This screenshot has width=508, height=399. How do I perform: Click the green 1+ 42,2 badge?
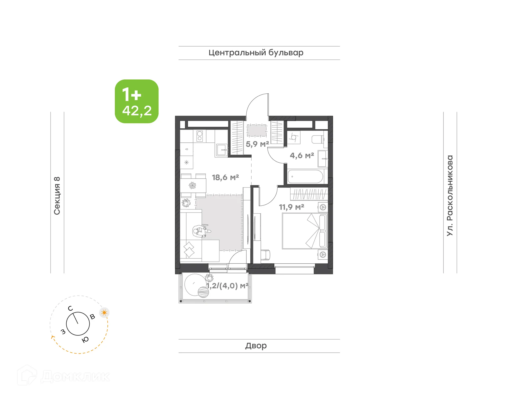tap(137, 101)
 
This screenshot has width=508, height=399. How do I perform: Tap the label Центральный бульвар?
tap(256, 53)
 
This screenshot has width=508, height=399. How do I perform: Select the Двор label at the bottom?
tap(256, 346)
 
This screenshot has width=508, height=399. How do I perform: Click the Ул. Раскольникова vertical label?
tap(450, 195)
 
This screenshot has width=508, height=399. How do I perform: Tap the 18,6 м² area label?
tap(225, 177)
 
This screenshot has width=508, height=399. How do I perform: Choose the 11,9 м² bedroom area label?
tap(292, 207)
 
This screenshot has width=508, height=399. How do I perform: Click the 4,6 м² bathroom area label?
tap(302, 155)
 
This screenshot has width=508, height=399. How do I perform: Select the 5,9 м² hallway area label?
tap(257, 144)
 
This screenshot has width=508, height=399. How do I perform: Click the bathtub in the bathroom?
tap(305, 176)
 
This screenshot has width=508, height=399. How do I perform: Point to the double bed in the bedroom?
tap(304, 231)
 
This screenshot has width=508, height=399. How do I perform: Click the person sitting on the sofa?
tap(201, 231)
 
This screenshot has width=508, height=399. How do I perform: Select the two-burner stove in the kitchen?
tap(200, 136)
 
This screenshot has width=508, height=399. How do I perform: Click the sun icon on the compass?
tap(104, 313)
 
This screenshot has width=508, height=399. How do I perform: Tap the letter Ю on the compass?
tap(85, 340)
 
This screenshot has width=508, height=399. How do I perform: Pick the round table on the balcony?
tap(195, 285)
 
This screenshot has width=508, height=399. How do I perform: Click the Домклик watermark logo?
tap(63, 376)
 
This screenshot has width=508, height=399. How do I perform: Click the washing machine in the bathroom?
tap(294, 137)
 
